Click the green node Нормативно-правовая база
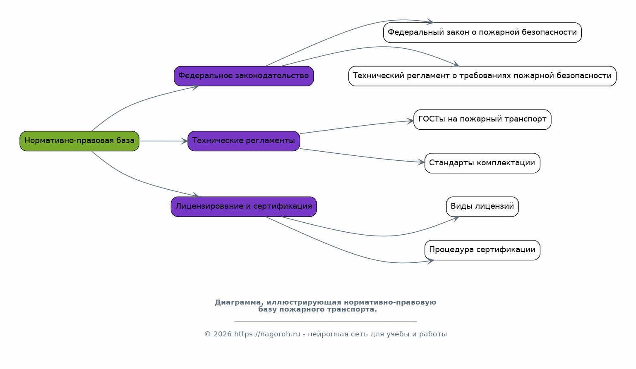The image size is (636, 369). (79, 141)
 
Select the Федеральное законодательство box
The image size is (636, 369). (244, 76)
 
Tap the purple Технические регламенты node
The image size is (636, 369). (244, 141)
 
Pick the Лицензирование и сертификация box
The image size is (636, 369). (244, 207)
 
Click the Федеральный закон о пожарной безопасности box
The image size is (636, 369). (482, 33)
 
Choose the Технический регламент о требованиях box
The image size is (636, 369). (482, 76)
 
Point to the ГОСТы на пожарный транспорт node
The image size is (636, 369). (482, 119)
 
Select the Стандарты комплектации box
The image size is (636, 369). (482, 163)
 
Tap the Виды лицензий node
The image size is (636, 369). (482, 207)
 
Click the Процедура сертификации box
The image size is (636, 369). (482, 250)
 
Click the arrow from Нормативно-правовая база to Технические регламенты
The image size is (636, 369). (163, 141)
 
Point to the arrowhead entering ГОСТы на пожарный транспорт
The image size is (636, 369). (410, 121)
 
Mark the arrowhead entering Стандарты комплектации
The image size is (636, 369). (422, 162)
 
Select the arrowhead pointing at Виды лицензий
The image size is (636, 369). (456, 218)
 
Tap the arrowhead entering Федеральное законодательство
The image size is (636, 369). (195, 86)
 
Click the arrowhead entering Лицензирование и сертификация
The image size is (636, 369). (196, 196)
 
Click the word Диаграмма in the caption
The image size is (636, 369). (237, 302)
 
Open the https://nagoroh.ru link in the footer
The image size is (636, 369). (267, 334)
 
